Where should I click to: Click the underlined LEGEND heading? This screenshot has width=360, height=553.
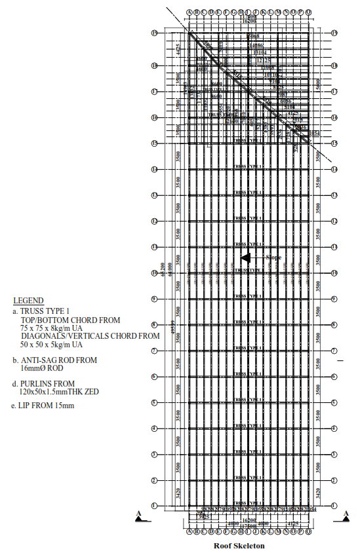[29, 300]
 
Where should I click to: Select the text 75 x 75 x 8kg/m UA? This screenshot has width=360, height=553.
[52, 328]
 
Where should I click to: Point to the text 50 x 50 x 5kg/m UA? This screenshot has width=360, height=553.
[52, 344]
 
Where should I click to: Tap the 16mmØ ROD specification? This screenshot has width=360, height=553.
[41, 368]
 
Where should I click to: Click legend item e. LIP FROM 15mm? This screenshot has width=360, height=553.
[43, 406]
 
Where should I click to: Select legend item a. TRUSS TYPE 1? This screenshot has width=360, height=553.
[41, 311]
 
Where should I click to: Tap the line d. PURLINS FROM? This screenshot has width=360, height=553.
[43, 383]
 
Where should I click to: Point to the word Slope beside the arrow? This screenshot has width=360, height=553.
[273, 257]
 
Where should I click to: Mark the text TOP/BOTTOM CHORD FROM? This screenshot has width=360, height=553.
[70, 320]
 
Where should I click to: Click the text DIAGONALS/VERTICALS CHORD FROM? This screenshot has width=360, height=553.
[90, 335]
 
